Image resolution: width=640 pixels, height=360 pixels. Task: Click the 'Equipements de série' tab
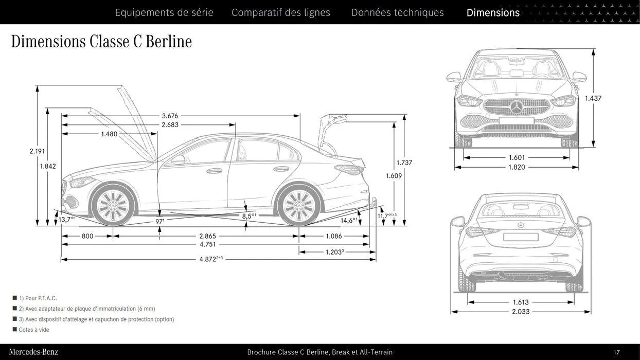coord(164,12)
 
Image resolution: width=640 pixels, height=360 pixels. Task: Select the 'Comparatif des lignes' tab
coord(281,12)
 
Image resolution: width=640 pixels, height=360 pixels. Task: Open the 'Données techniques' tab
coord(397,12)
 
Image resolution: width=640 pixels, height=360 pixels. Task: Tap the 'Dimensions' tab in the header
coord(493,12)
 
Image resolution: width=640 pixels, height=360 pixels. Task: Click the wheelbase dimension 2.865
coord(207,236)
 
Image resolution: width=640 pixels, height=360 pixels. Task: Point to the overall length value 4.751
coord(207,244)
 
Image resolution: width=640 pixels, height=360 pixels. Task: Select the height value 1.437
coord(593,98)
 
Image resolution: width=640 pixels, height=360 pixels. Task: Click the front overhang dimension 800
coord(87,236)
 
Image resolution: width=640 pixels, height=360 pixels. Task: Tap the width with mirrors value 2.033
coord(520,312)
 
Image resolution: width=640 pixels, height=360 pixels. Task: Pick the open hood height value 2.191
coord(37,151)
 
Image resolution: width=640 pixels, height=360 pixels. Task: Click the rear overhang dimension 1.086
coord(333,236)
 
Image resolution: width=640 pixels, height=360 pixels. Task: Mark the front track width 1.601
coord(517,158)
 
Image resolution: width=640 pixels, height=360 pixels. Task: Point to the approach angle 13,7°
coord(66,220)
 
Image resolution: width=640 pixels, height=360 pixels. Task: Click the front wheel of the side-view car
coord(112,206)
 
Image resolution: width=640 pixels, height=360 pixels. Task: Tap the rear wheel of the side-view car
coord(299,206)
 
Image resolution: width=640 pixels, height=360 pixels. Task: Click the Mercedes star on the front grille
coord(516,107)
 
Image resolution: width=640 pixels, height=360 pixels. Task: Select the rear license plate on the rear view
coord(521,237)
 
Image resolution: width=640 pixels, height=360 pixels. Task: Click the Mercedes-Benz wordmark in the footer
coord(33,352)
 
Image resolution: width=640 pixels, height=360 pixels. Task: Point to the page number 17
coord(616,352)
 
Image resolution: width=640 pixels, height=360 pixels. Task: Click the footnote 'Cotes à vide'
coord(34,330)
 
